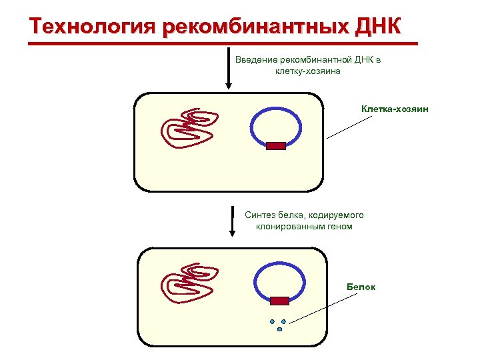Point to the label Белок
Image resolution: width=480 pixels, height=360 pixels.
pos(361,287)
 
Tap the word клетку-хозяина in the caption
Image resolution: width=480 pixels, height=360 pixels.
pos(308,71)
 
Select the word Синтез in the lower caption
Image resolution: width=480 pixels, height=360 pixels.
pos(259,215)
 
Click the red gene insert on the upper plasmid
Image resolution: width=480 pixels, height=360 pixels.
pos(276,145)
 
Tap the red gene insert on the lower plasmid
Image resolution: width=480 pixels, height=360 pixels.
pos(280,300)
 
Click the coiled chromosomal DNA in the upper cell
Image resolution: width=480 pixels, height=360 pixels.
pos(189,128)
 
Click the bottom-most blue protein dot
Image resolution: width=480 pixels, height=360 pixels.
pos(280,329)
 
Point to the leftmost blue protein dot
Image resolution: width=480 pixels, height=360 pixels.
pos(273,322)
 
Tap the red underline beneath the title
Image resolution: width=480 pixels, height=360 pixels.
pos(223,44)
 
